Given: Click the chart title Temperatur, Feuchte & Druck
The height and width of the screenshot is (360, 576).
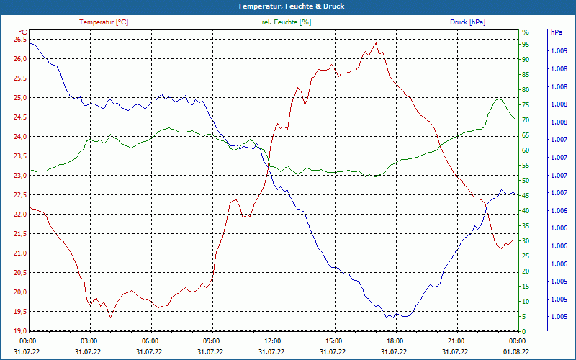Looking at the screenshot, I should pyautogui.click(x=287, y=6).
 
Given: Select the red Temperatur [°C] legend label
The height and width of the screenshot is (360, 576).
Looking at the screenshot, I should pyautogui.click(x=104, y=22).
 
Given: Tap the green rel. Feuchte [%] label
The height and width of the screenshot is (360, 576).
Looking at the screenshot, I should pyautogui.click(x=287, y=22).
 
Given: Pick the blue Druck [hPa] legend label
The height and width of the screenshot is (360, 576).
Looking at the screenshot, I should pyautogui.click(x=467, y=22).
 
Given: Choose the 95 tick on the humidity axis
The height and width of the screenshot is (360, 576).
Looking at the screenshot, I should pyautogui.click(x=526, y=45).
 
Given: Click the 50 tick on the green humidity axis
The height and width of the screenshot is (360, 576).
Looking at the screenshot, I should pyautogui.click(x=526, y=181).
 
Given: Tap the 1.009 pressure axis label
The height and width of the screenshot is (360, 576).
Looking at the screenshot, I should pyautogui.click(x=558, y=51).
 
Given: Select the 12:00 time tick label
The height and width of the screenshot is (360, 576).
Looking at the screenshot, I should pyautogui.click(x=273, y=341).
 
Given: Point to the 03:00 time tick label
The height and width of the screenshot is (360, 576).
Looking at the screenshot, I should pyautogui.click(x=89, y=341).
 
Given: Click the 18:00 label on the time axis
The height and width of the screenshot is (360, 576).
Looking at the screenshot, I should pyautogui.click(x=395, y=341).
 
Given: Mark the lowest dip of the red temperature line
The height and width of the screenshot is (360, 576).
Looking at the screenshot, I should pyautogui.click(x=110, y=317).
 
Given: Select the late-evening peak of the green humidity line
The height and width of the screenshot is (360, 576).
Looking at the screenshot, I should pyautogui.click(x=498, y=99).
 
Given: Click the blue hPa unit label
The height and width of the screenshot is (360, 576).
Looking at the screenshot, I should pyautogui.click(x=556, y=32).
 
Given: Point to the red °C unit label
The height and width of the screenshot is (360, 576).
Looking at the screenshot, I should pyautogui.click(x=22, y=32).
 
